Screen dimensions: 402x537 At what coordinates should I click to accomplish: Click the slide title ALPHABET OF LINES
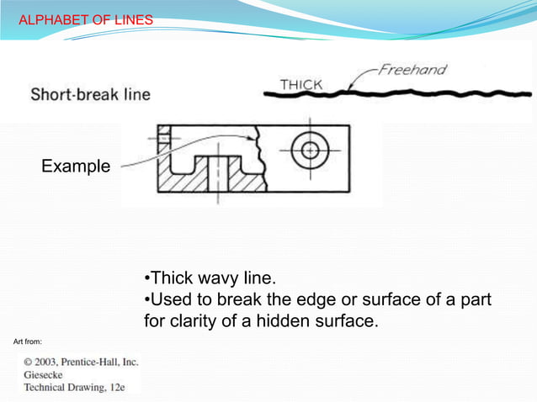pyautogui.click(x=86, y=19)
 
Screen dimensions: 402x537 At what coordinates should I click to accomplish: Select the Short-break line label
pyautogui.click(x=91, y=94)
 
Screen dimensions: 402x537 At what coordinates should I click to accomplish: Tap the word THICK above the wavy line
pyautogui.click(x=301, y=84)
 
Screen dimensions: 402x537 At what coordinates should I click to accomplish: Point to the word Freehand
pyautogui.click(x=412, y=70)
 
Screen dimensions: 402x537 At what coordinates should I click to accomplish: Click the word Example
pyautogui.click(x=76, y=167)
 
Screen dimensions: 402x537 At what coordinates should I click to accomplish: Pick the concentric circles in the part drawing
pyautogui.click(x=311, y=151)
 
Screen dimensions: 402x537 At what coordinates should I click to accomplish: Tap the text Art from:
pyautogui.click(x=29, y=341)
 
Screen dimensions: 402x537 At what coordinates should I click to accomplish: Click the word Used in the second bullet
pyautogui.click(x=171, y=299)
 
